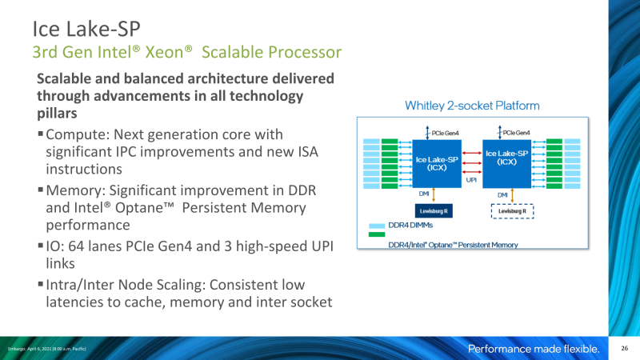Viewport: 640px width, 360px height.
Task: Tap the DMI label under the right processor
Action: tap(502, 194)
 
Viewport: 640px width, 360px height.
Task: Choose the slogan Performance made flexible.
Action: tap(533, 349)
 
